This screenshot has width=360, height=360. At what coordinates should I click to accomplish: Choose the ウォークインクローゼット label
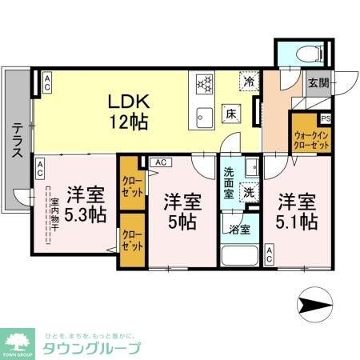point(309,141)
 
